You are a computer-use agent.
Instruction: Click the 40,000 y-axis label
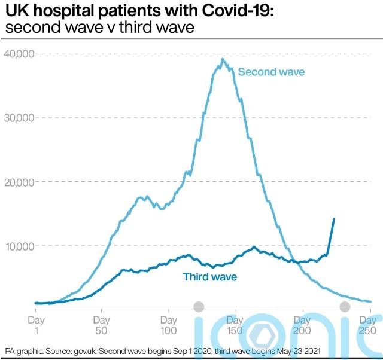tap(19, 54)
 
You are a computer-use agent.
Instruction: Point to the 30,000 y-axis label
tap(19, 118)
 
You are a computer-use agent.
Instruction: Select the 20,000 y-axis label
tap(19, 182)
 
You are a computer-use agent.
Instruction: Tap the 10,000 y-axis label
tap(19, 246)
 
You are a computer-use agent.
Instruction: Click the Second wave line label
tap(271, 72)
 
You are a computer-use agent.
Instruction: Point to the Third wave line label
tap(210, 277)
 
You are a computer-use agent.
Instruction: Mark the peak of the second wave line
tap(223, 59)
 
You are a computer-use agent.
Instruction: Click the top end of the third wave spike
tap(333, 219)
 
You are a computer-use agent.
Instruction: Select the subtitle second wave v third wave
tap(100, 28)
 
